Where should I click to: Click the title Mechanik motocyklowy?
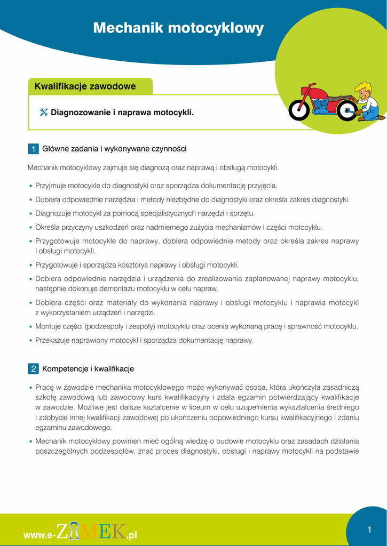click(178, 28)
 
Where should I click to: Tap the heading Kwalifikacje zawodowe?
click(85, 86)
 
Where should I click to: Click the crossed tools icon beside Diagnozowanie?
click(44, 113)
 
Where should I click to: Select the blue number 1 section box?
click(33, 149)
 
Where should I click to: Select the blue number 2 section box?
click(33, 369)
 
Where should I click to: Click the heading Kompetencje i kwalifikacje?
click(88, 369)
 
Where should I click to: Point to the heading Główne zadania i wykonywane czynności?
click(114, 149)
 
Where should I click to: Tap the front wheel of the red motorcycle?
click(298, 110)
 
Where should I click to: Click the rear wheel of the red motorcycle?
click(347, 111)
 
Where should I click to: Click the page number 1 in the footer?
click(369, 529)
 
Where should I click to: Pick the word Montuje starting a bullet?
click(48, 326)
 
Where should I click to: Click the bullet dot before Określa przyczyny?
click(30, 228)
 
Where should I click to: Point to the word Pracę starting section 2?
click(44, 388)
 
